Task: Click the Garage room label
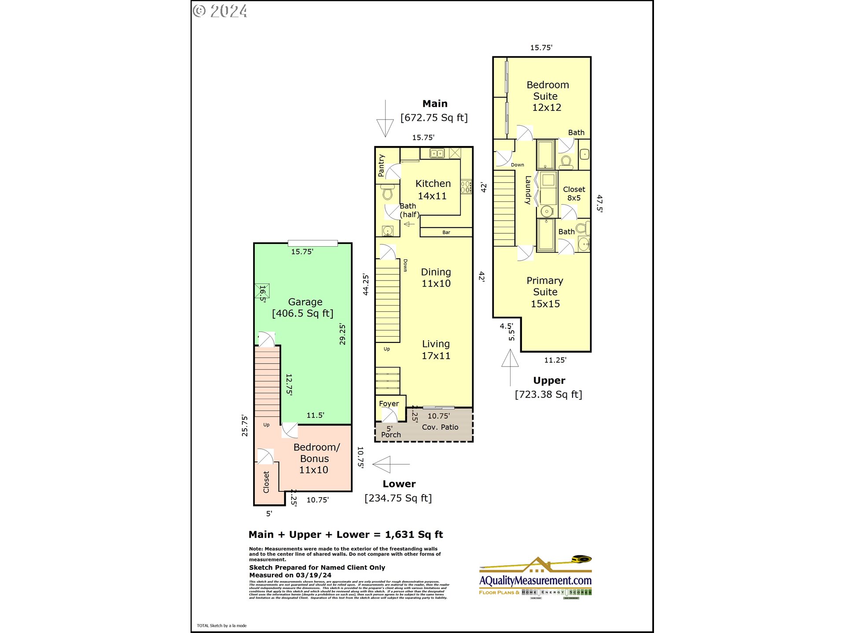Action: pyautogui.click(x=305, y=302)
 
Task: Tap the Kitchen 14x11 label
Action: pyautogui.click(x=433, y=189)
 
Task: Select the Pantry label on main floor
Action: pyautogui.click(x=381, y=165)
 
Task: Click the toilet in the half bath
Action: pyautogui.click(x=388, y=192)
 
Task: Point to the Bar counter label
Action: pyautogui.click(x=446, y=233)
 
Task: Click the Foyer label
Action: pyautogui.click(x=389, y=404)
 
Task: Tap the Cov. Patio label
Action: pyautogui.click(x=440, y=427)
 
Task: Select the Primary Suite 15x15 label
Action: pyautogui.click(x=545, y=292)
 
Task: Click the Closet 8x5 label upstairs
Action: pyautogui.click(x=573, y=193)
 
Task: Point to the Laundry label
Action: pyautogui.click(x=528, y=190)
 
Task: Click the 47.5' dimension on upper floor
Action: pyautogui.click(x=599, y=204)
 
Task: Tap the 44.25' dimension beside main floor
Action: pyautogui.click(x=366, y=284)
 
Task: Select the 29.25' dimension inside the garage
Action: pyautogui.click(x=342, y=334)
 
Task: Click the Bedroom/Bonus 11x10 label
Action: pyautogui.click(x=316, y=458)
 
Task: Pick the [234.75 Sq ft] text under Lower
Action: pyautogui.click(x=398, y=498)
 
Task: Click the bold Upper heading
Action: pyautogui.click(x=549, y=381)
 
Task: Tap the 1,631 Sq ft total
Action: pyautogui.click(x=414, y=535)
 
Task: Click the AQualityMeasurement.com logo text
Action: pyautogui.click(x=535, y=581)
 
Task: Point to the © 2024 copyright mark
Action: pyautogui.click(x=220, y=11)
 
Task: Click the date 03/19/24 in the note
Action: pyautogui.click(x=313, y=575)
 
